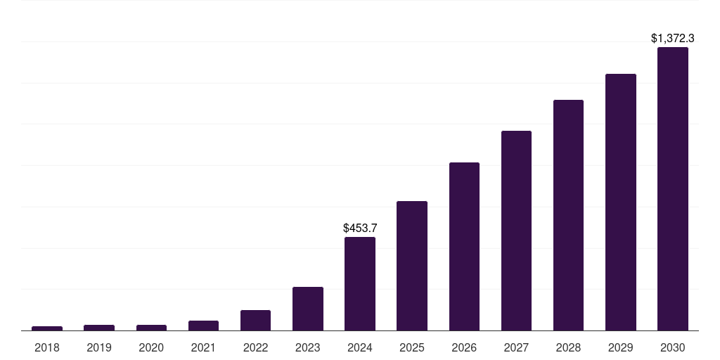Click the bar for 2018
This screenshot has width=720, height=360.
coord(47,328)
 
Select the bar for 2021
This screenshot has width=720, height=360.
coord(203,326)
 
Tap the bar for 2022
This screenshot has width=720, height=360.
coord(255,320)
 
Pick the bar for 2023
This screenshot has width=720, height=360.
coord(308,309)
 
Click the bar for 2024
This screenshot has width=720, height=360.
coord(360,283)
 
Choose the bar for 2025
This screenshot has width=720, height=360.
coord(412,266)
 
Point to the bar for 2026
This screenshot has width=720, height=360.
coord(464,246)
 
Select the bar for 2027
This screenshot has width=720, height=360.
coord(516,231)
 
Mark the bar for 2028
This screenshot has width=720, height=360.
coord(568,215)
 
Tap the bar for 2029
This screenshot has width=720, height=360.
coord(621,202)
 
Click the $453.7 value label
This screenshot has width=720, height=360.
coord(360,228)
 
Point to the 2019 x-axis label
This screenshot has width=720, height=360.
coord(99,347)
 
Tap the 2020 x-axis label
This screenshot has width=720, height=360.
coord(151,347)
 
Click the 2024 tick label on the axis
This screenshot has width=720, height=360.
coord(360,347)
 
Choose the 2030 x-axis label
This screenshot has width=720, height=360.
coord(673,347)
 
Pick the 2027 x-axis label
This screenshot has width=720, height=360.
coord(516,347)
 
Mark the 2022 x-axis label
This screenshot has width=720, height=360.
coord(255,347)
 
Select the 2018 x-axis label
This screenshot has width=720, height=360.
coord(47,347)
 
